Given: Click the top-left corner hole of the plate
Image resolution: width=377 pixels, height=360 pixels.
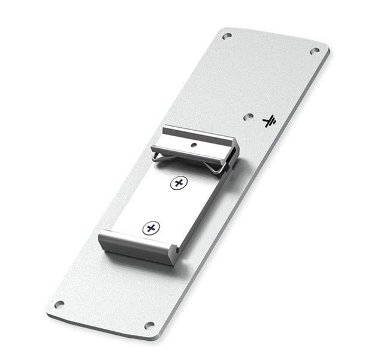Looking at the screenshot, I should click(226, 37).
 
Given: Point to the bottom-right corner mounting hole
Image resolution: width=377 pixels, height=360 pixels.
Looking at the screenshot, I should click(149, 325).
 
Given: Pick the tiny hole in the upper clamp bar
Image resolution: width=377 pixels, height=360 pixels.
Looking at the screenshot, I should click(193, 145).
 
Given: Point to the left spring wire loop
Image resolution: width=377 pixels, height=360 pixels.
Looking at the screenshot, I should click(157, 157).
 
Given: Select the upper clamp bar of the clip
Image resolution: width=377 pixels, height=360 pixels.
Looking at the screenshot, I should click(198, 140).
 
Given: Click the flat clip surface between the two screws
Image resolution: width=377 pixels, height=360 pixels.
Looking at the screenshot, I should click(165, 205).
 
